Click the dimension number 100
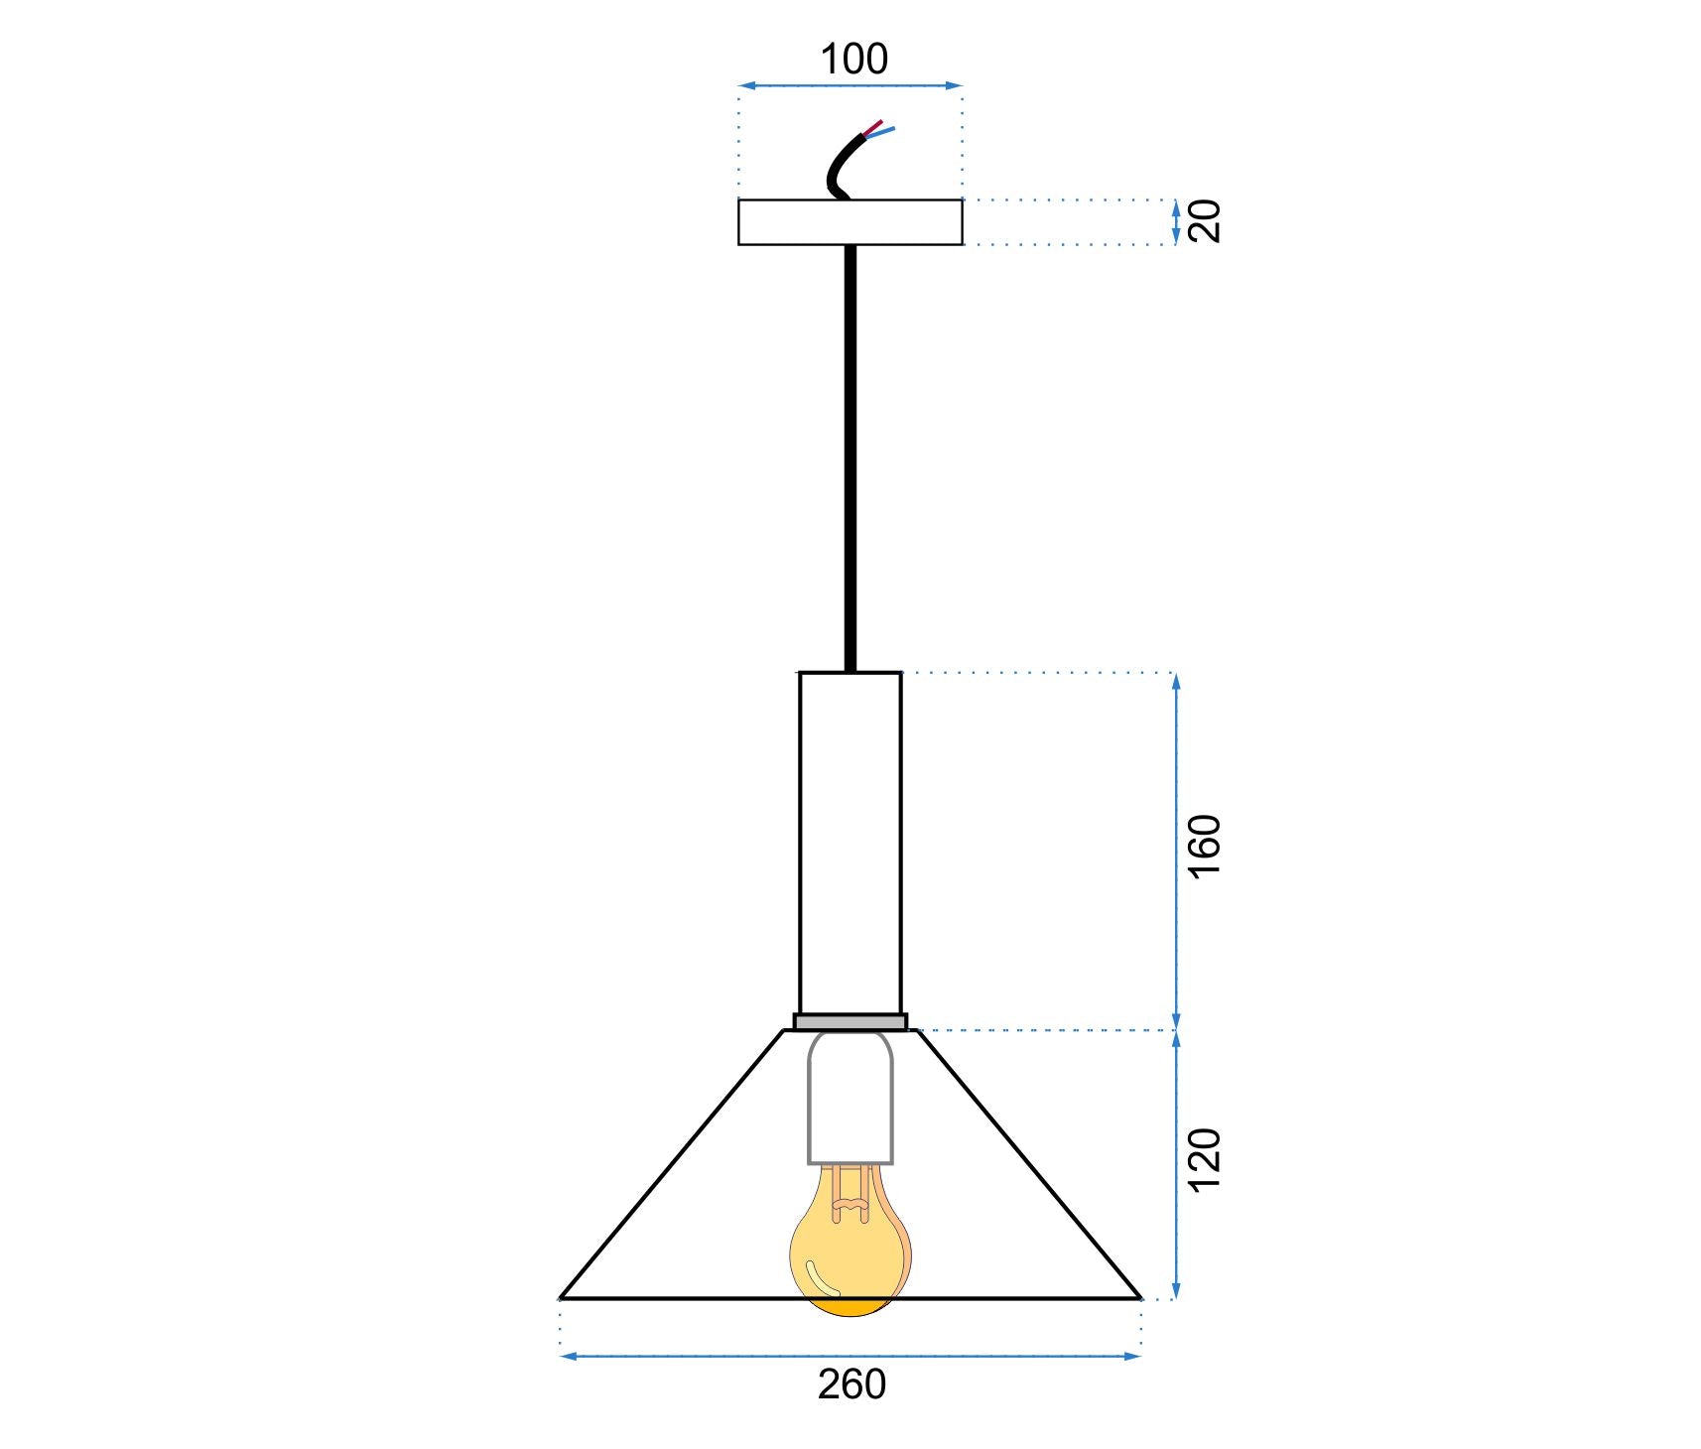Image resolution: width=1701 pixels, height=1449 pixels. click(853, 60)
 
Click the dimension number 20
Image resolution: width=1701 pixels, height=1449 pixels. click(1204, 221)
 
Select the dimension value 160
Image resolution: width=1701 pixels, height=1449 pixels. click(1204, 846)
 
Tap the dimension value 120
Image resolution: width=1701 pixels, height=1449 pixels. click(1204, 1159)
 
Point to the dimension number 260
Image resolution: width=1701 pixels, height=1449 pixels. click(851, 1384)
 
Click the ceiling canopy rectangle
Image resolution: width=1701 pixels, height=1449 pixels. click(850, 222)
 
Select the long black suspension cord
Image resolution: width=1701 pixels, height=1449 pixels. click(850, 457)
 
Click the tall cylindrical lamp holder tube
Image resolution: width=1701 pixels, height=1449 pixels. click(850, 844)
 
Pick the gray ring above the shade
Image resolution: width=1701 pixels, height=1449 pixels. click(850, 1021)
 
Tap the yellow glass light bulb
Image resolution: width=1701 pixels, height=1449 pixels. click(850, 1260)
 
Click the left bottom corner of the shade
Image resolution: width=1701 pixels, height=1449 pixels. click(563, 1296)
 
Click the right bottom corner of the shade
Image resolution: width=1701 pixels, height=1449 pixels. click(1139, 1296)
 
